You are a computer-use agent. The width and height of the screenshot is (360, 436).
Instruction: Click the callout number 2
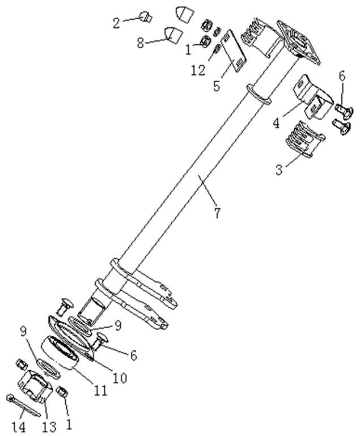(116, 23)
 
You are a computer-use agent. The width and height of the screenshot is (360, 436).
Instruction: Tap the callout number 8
(141, 43)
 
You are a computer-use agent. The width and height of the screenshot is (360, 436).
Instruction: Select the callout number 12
(198, 70)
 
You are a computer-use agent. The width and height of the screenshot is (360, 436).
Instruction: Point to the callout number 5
(217, 86)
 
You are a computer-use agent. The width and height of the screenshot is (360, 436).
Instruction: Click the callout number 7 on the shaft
(217, 213)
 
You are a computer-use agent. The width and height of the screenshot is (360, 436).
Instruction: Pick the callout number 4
(276, 122)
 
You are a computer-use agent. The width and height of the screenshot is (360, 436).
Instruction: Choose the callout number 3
(279, 169)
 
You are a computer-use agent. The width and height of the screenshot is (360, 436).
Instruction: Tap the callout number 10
(120, 378)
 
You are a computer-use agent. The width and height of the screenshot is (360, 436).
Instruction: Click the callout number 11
(100, 391)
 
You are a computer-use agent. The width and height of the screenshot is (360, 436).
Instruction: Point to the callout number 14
(19, 426)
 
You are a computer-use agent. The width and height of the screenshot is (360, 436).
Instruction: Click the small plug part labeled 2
(146, 16)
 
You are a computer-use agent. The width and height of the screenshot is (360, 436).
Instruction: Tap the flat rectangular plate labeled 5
(233, 50)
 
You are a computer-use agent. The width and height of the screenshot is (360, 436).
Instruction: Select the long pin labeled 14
(23, 406)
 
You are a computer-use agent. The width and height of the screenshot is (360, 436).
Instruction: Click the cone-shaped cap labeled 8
(173, 35)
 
